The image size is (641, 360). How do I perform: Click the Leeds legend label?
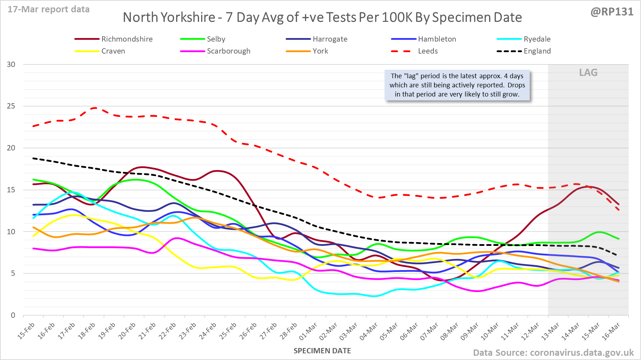coord(428,51)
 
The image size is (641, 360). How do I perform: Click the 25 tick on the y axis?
coord(11,106)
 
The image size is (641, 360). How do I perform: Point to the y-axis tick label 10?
coord(11,231)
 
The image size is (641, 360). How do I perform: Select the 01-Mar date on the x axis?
coord(309,331)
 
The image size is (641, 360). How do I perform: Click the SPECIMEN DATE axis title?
coord(322,351)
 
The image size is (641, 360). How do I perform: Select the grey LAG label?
coord(588,73)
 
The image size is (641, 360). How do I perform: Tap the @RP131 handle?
coord(612,12)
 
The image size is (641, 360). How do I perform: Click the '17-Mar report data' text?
coord(49,10)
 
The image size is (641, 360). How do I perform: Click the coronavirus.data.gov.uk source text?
coord(581,353)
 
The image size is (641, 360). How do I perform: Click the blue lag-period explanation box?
coord(457,85)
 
